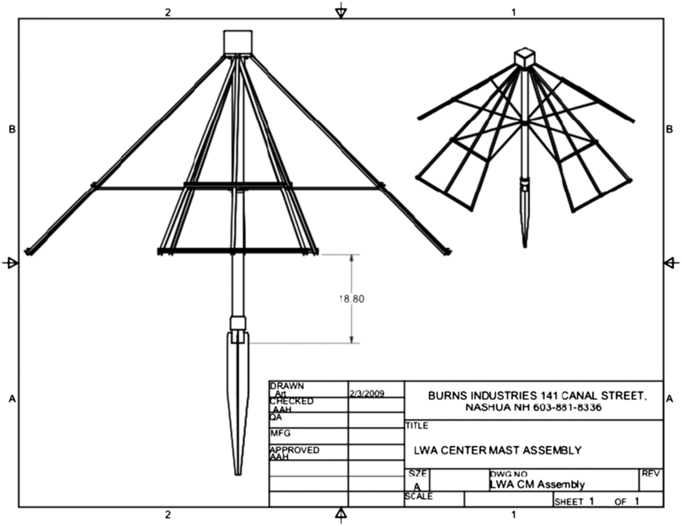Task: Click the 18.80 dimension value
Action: click(352, 299)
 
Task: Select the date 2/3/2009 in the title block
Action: click(365, 393)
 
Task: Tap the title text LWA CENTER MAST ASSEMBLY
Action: click(497, 449)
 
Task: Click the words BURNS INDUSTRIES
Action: click(476, 395)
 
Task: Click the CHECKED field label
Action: click(291, 401)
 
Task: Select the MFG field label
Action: click(280, 433)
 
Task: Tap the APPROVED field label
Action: click(294, 449)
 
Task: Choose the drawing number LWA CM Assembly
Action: click(537, 484)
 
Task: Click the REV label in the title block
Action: click(651, 473)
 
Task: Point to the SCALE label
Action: click(419, 496)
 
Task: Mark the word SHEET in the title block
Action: click(568, 502)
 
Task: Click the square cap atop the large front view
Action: click(239, 42)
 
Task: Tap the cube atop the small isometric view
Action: click(524, 56)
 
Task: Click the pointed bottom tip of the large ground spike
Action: click(237, 472)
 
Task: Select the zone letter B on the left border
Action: click(11, 129)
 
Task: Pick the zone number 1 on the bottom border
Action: click(513, 515)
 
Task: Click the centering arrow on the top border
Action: click(341, 11)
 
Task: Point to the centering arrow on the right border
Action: click(670, 263)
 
